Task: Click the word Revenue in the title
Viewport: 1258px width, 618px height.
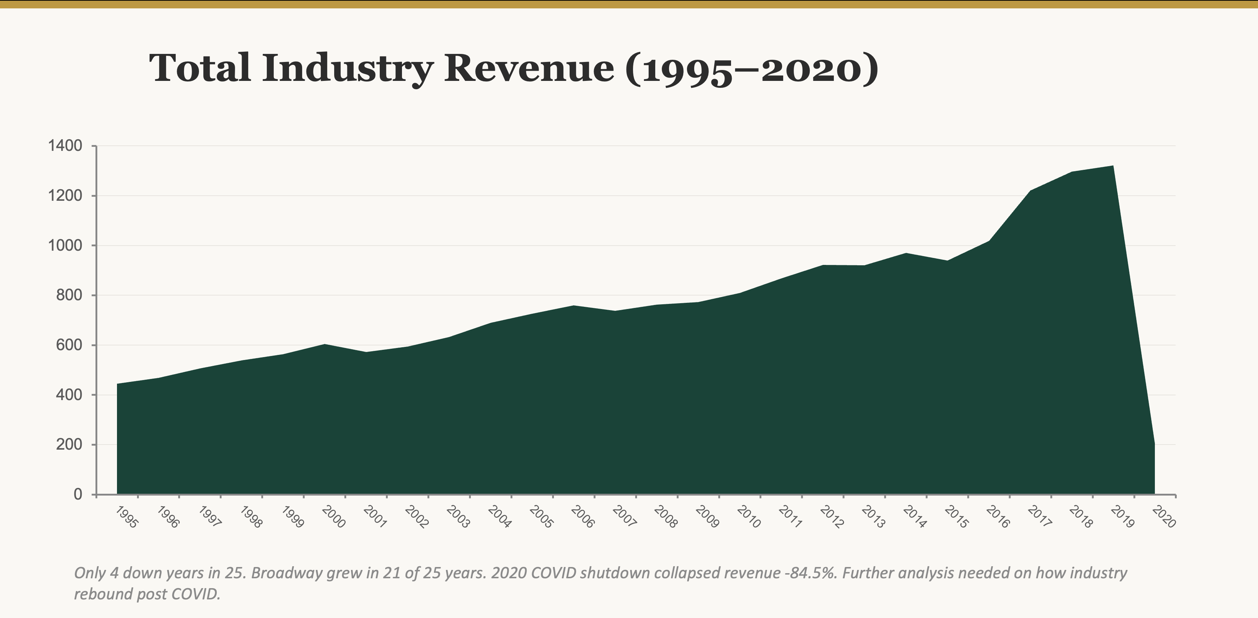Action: [x=529, y=69]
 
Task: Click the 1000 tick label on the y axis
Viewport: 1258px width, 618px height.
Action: [x=65, y=245]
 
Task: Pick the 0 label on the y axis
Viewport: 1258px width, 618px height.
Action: [x=78, y=494]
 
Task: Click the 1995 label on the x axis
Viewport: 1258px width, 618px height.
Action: [x=127, y=517]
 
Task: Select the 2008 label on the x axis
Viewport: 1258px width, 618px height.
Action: [x=666, y=517]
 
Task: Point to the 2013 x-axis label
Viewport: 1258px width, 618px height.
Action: [x=873, y=517]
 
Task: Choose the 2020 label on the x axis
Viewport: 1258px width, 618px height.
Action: [x=1163, y=517]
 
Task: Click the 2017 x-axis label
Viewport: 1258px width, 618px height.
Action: [x=1039, y=517]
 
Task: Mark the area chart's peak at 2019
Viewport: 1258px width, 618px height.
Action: [x=1113, y=166]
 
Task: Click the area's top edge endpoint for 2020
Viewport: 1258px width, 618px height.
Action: [x=1155, y=443]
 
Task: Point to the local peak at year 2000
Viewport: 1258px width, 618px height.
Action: [x=325, y=345]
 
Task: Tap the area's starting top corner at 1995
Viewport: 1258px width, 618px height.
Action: [x=118, y=384]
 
